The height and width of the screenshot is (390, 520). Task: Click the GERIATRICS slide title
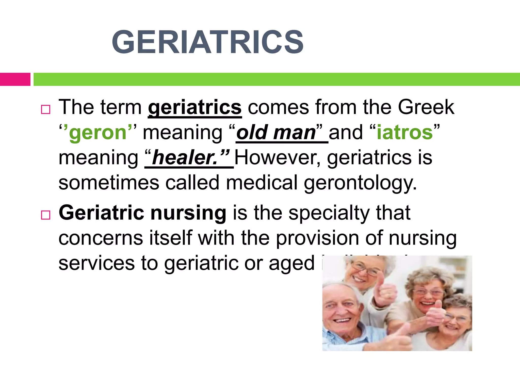pyautogui.click(x=207, y=42)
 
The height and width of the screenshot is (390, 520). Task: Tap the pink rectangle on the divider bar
pyautogui.click(x=15, y=79)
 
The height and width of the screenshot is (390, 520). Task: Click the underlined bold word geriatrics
pyautogui.click(x=195, y=108)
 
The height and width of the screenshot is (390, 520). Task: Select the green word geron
pyautogui.click(x=98, y=133)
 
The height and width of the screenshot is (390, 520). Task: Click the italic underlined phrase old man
pyautogui.click(x=276, y=133)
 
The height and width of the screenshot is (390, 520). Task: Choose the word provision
pyautogui.click(x=317, y=239)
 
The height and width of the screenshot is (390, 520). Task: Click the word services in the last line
pyautogui.click(x=96, y=264)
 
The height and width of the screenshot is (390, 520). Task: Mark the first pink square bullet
pyautogui.click(x=46, y=110)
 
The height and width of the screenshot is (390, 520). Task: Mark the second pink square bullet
pyautogui.click(x=46, y=215)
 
